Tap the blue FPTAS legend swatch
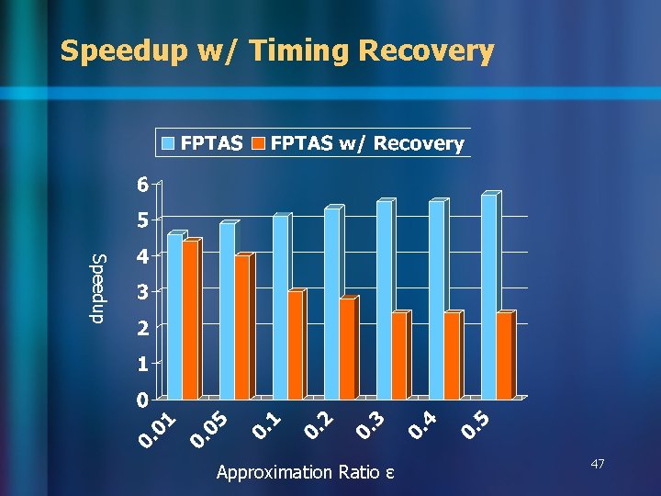[x=169, y=143]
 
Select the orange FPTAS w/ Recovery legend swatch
[x=259, y=143]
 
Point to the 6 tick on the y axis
[x=141, y=185]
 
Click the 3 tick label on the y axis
[x=141, y=292]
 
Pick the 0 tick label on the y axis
[x=141, y=400]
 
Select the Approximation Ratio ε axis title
[x=306, y=472]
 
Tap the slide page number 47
[x=598, y=467]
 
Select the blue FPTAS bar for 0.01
[x=174, y=318]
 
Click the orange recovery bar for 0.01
[x=190, y=321]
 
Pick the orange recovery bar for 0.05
[x=242, y=328]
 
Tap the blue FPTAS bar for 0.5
[x=488, y=298]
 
